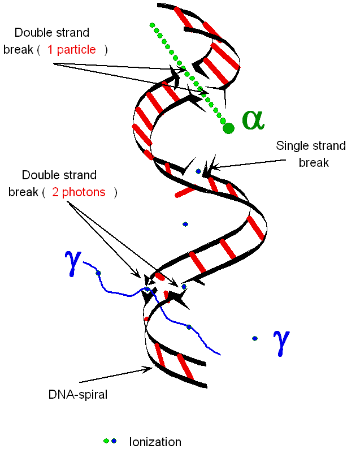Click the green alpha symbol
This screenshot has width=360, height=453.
click(253, 120)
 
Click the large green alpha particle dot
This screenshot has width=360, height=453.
click(228, 128)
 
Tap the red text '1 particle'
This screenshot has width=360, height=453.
click(72, 50)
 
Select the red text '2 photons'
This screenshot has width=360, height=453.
click(79, 192)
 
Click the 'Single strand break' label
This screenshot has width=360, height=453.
click(310, 154)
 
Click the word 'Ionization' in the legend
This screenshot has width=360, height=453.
click(155, 442)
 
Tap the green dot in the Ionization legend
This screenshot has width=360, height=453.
click(106, 441)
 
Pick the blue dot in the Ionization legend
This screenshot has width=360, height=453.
click(114, 441)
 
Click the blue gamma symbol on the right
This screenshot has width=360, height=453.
click(281, 342)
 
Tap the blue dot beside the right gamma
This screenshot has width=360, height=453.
click(255, 338)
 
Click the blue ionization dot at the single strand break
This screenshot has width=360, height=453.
click(198, 171)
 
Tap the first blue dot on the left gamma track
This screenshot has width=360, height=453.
click(98, 273)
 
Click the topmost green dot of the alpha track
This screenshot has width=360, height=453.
click(151, 25)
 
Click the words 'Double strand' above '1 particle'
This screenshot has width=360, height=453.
click(52, 33)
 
